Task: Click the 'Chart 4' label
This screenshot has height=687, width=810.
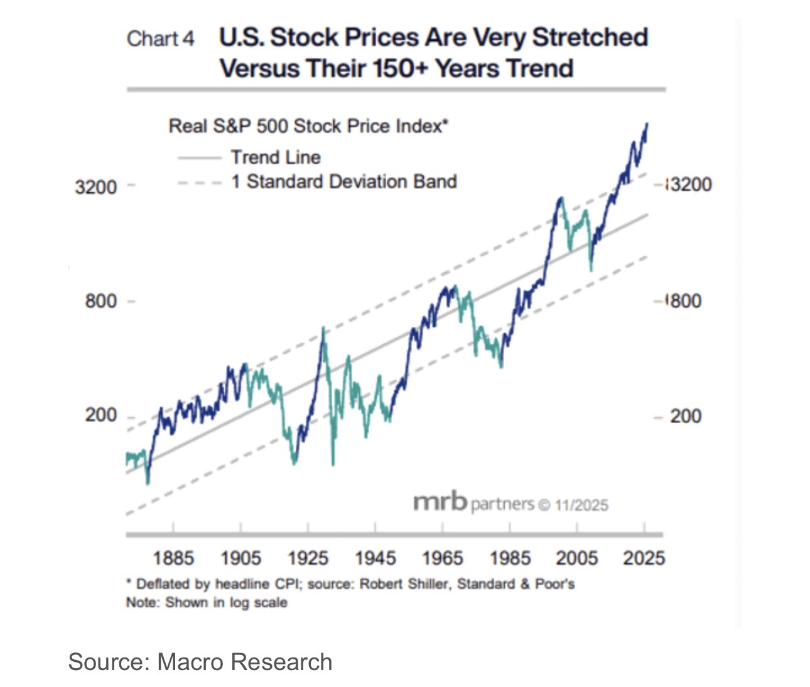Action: [x=161, y=39]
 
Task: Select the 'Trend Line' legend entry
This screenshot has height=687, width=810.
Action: [x=275, y=157]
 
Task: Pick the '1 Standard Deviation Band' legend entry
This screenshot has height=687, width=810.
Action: [x=343, y=182]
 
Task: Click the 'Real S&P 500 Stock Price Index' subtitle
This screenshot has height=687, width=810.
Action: [x=308, y=126]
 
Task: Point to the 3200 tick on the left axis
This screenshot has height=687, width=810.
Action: [x=96, y=187]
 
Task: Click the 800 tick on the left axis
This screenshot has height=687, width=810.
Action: [x=101, y=301]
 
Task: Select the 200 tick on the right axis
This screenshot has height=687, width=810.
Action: [x=685, y=416]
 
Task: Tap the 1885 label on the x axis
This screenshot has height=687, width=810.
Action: [x=173, y=558]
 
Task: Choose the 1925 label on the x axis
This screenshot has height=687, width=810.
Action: [x=308, y=558]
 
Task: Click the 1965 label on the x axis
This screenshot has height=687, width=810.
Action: [x=442, y=558]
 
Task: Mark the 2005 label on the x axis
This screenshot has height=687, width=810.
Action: [x=576, y=558]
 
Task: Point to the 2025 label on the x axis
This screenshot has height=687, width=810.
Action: [x=644, y=558]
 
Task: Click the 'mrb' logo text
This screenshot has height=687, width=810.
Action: [x=440, y=502]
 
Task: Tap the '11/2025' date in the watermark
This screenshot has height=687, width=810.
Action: [x=581, y=505]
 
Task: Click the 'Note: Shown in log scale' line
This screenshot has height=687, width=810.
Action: [x=207, y=603]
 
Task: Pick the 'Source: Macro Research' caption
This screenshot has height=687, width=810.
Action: [x=200, y=662]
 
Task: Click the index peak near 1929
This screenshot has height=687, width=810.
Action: [x=323, y=328]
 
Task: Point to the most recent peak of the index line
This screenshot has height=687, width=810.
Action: [x=646, y=124]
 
